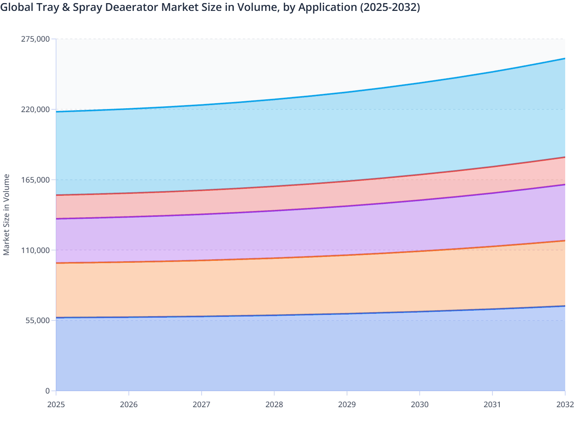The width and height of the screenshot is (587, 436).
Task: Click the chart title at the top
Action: click(210, 7)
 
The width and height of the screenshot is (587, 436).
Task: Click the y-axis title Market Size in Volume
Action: click(6, 214)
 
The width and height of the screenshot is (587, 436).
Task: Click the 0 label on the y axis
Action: click(47, 391)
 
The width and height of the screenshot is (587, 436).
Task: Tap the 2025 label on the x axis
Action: click(56, 404)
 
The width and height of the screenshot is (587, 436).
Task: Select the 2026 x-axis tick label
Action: click(129, 404)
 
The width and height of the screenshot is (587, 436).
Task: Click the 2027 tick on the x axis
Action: click(202, 404)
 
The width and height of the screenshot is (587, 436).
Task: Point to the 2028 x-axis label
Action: click(274, 404)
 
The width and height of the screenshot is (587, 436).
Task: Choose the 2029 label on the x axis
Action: click(347, 404)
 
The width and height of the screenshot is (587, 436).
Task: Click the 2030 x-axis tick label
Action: click(420, 404)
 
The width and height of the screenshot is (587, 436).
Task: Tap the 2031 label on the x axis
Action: click(492, 404)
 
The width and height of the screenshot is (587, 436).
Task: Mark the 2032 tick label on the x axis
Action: click(565, 404)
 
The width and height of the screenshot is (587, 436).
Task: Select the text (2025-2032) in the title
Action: click(390, 7)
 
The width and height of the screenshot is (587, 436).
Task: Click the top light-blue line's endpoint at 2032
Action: click(564, 58)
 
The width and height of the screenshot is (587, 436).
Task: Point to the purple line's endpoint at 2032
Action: click(564, 185)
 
